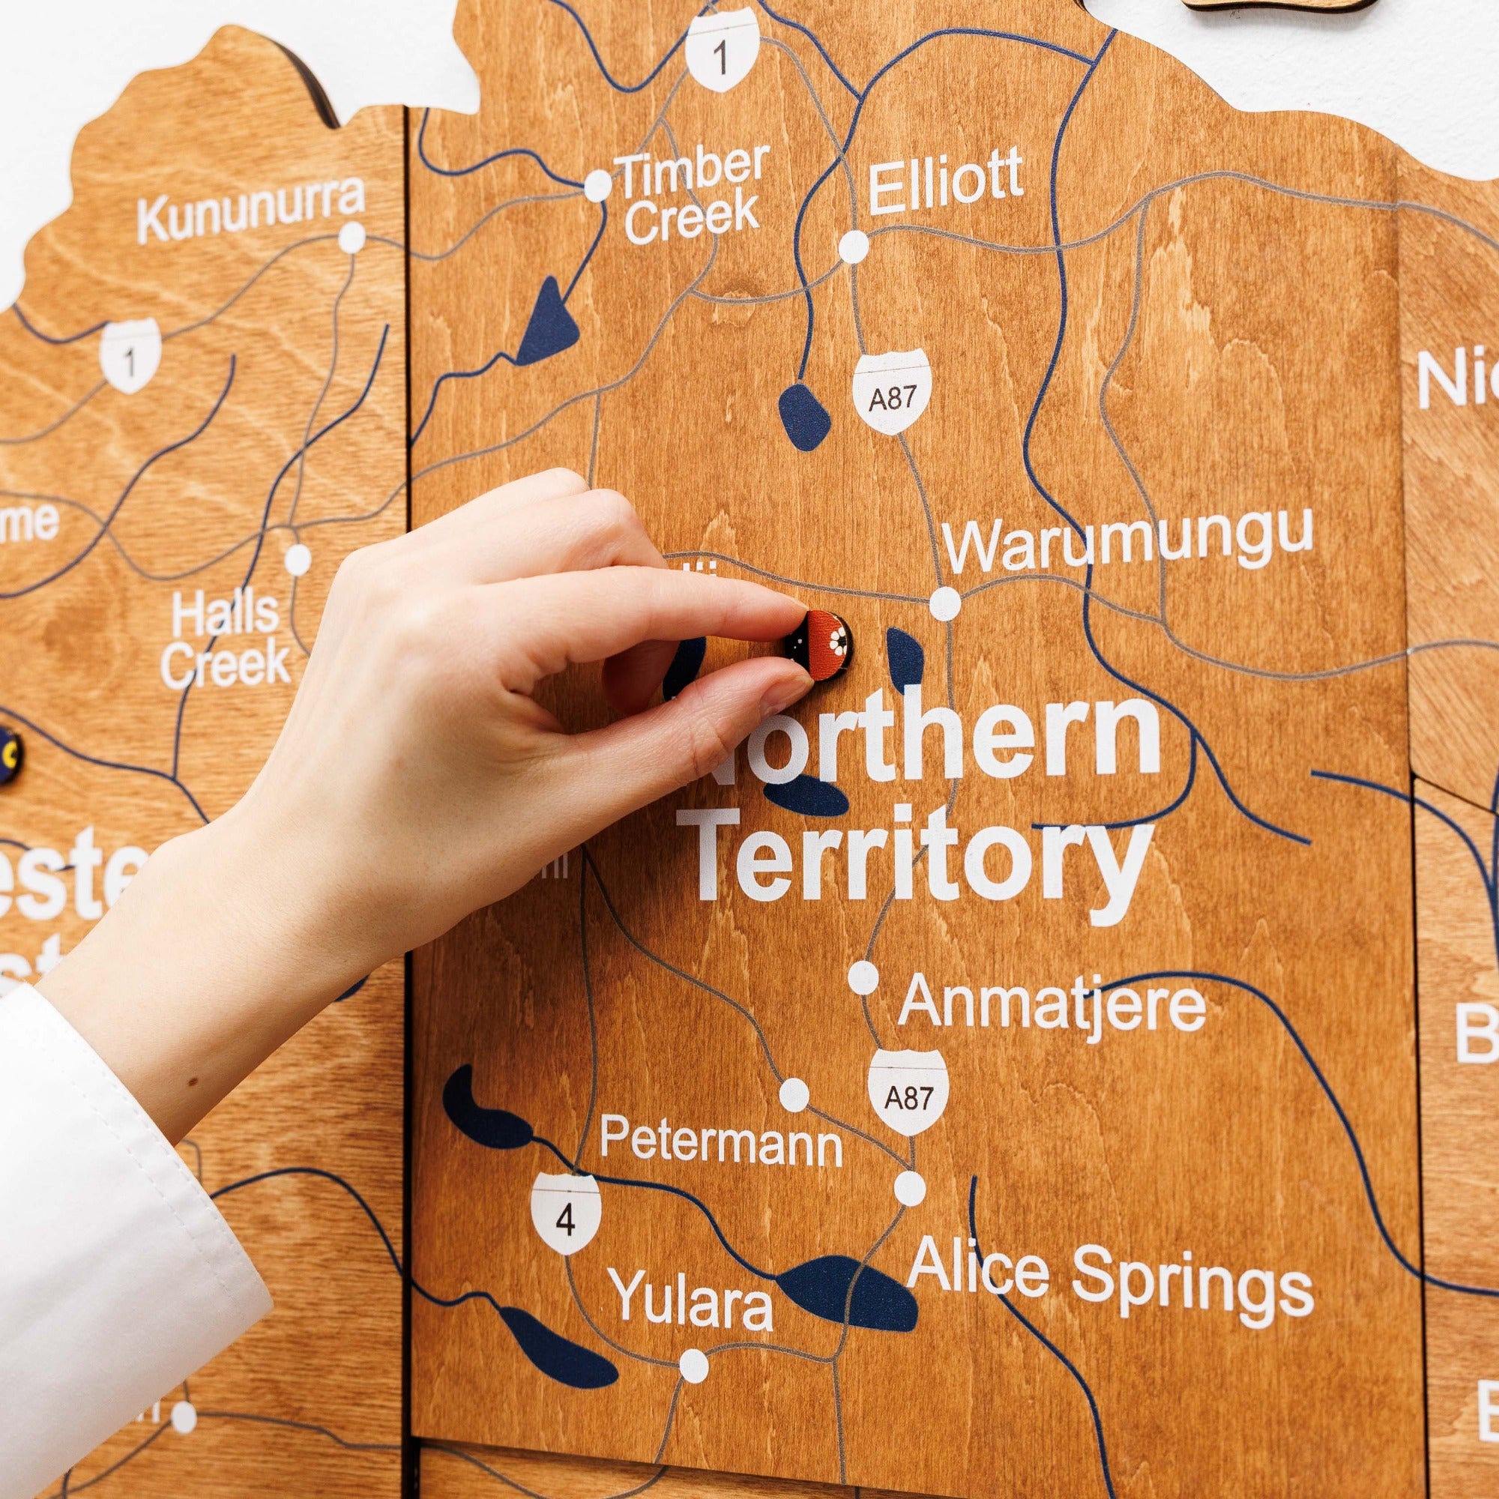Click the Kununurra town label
pos(250,207)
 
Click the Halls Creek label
pos(225,638)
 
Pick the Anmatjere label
pos(1052,1004)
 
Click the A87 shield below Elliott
pos(891,397)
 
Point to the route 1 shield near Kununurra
pos(130,361)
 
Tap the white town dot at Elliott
pos(854,246)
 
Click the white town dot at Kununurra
pos(352,236)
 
